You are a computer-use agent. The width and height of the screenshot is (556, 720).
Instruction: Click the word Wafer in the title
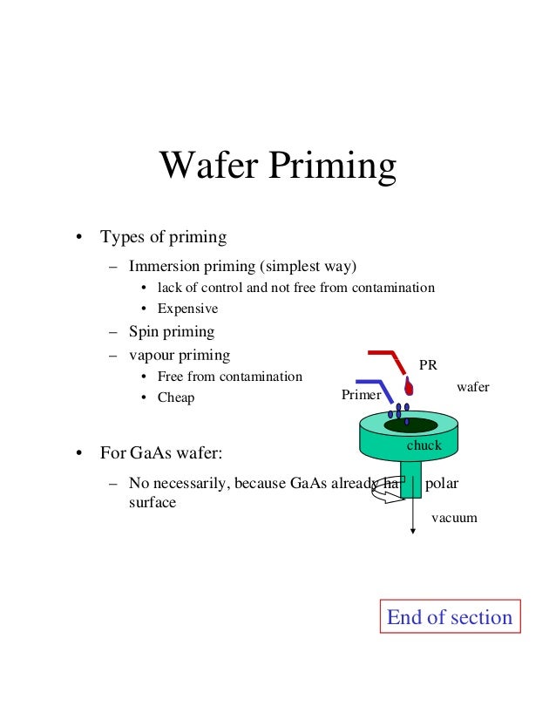pos(206,166)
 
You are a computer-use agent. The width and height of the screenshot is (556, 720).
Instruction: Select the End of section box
pos(449,617)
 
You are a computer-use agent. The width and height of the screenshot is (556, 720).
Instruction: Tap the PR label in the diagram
pos(428,365)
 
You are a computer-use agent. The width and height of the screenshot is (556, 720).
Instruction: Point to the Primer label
pos(361,395)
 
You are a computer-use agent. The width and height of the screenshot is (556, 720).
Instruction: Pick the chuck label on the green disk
pos(424,445)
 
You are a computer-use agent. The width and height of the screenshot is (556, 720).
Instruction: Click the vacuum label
pos(455,517)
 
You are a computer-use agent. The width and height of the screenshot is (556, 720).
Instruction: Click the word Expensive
pos(187,309)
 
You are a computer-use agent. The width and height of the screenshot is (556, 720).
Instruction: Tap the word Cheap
pos(176,397)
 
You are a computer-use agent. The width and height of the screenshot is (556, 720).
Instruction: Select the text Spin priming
pos(171,332)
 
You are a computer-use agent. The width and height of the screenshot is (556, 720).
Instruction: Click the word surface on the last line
pos(152,502)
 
